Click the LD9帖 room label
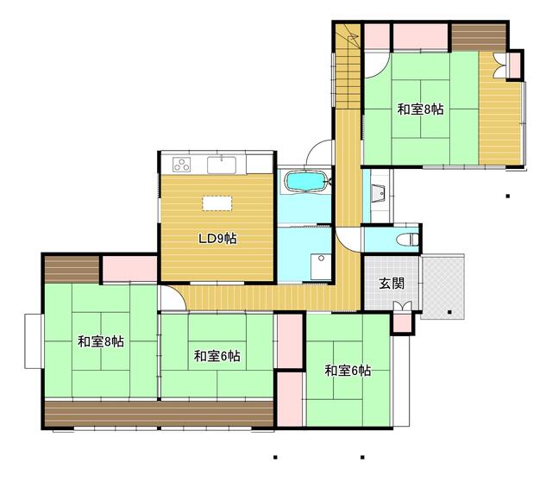(217, 239)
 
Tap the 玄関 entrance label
(392, 284)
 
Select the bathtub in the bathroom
(305, 181)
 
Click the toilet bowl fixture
(407, 240)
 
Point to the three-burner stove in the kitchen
(182, 165)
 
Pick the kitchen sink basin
(222, 165)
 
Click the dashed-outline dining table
(216, 203)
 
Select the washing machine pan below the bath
(321, 266)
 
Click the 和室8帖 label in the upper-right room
(420, 109)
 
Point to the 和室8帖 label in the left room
(101, 341)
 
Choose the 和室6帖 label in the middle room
(217, 356)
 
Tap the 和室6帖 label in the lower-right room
(348, 371)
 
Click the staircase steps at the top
(348, 67)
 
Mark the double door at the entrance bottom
(402, 306)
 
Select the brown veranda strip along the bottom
(159, 413)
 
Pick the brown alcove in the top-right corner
(479, 37)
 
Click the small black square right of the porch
(449, 312)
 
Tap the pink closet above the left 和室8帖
(129, 269)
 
